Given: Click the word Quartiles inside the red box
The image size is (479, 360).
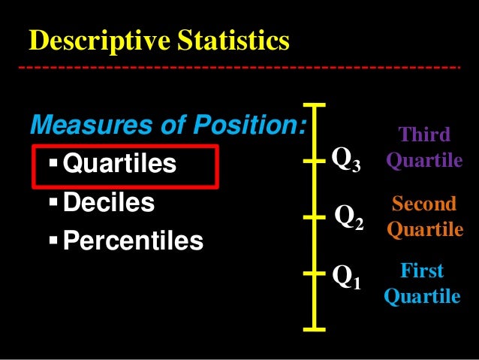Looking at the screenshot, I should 120,163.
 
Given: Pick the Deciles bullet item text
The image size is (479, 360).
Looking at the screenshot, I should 109,202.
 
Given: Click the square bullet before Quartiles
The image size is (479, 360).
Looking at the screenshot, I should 53,163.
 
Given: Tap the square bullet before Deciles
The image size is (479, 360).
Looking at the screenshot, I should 53,203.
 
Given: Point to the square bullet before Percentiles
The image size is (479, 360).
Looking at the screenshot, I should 53,241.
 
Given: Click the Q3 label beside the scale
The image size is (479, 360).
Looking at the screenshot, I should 346,159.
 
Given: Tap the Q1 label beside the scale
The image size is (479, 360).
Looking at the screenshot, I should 346,278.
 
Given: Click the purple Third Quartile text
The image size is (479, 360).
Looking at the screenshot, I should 424,148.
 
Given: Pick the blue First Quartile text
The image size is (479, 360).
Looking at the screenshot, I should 422,283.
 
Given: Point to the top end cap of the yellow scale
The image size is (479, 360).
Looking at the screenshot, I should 315,104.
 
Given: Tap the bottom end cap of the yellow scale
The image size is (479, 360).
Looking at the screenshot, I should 315,328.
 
